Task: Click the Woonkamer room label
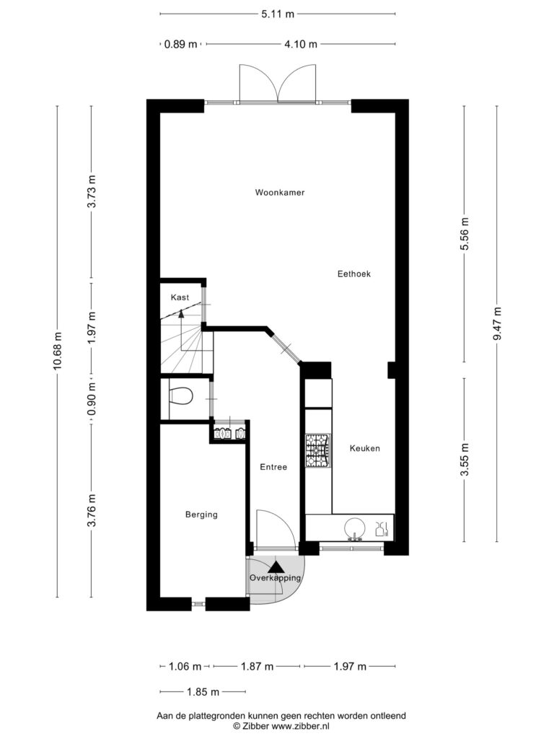pos(280,192)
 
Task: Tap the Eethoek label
pos(353,274)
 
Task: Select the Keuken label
pos(364,448)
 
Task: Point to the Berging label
pos(202,515)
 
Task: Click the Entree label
pos(273,467)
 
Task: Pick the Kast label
pos(180,297)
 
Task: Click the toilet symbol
pos(180,396)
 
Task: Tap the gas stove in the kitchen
pos(317,451)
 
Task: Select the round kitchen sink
pos(354,528)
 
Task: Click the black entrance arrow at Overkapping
pos(276,567)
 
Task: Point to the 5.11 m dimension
pos(278,14)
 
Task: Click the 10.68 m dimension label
pos(57,351)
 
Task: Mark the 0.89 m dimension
pos(180,44)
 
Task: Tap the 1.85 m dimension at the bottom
pos(203,692)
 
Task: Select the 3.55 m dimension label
pos(465,460)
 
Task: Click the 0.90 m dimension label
pos(92,398)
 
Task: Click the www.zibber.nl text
pos(301,726)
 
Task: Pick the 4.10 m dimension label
pos(301,44)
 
